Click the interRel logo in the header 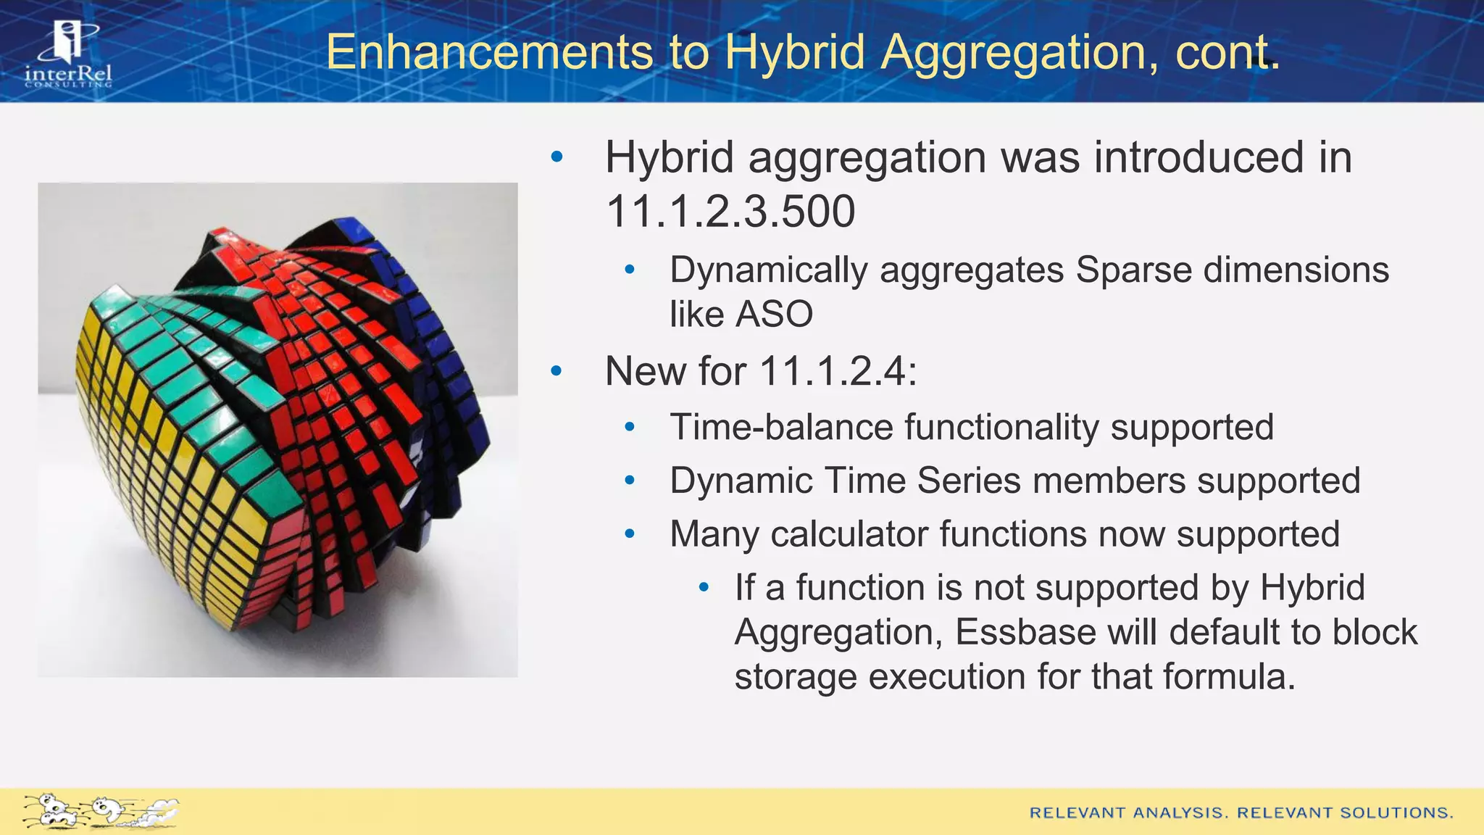pyautogui.click(x=68, y=54)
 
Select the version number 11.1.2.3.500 pyautogui.click(x=730, y=212)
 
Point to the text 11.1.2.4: pyautogui.click(x=838, y=371)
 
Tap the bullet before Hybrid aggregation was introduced pyautogui.click(x=556, y=157)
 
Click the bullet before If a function pyautogui.click(x=703, y=587)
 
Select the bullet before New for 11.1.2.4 pyautogui.click(x=556, y=371)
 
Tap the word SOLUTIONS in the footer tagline pyautogui.click(x=1396, y=813)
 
